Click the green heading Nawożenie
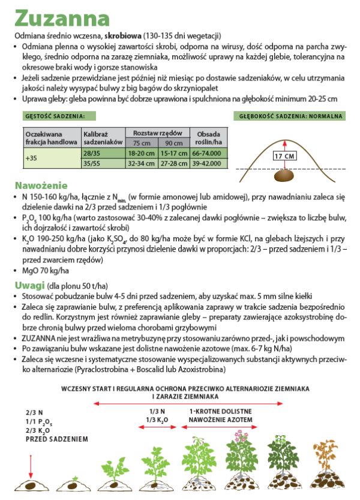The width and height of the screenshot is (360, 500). [x=41, y=185]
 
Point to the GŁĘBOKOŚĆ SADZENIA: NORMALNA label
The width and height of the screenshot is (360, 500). [x=290, y=115]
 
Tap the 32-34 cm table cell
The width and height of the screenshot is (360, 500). [x=142, y=163]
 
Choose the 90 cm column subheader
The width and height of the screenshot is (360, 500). [x=174, y=143]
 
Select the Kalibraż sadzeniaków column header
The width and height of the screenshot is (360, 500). [x=103, y=137]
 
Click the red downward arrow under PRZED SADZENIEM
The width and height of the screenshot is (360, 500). [x=31, y=465]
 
